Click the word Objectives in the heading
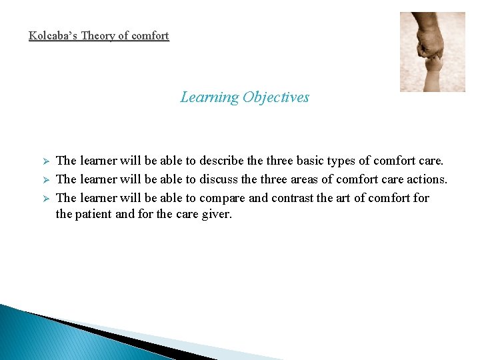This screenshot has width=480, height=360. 276,97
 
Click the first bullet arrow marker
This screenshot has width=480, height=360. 46,161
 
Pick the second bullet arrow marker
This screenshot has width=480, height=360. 46,179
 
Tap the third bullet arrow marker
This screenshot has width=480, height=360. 46,198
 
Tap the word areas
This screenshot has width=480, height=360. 313,179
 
